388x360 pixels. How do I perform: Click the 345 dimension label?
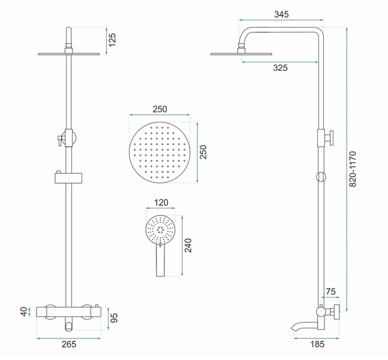(281, 14)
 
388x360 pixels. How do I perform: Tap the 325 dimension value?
(281, 68)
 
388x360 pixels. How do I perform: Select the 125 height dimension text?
(112, 40)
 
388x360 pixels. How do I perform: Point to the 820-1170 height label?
(353, 169)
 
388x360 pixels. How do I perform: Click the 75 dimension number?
(331, 292)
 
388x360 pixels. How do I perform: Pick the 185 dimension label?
(317, 344)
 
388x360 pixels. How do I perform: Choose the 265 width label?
(69, 344)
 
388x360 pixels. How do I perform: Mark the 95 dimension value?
(114, 318)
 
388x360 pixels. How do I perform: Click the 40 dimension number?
(24, 311)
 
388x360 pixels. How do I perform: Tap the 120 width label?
(161, 203)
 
